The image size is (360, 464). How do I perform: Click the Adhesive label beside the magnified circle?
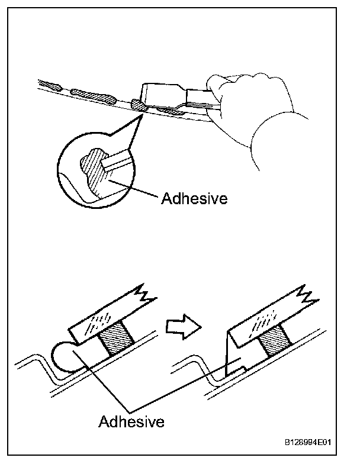tap(194, 198)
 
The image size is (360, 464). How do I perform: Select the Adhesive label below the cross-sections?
tap(131, 421)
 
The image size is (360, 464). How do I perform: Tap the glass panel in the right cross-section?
tap(266, 317)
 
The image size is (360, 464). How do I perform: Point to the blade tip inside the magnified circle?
tap(116, 160)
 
